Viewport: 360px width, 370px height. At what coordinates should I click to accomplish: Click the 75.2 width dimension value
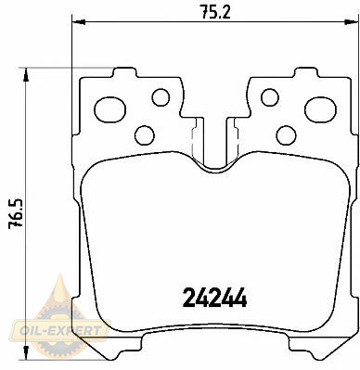215,12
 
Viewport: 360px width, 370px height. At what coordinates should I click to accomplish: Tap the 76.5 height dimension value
16,213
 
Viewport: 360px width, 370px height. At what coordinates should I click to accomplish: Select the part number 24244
215,298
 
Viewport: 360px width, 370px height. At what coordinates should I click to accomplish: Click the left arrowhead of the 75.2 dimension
78,21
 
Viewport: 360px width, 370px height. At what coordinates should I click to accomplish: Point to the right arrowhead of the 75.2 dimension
351,21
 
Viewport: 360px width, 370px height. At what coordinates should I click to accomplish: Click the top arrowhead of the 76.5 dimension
26,74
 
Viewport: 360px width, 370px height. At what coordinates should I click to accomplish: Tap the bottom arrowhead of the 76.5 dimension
26,353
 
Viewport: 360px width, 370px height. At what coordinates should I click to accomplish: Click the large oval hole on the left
109,109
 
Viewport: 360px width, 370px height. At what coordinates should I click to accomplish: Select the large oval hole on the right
320,109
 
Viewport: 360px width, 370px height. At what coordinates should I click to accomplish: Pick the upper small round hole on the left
161,97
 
